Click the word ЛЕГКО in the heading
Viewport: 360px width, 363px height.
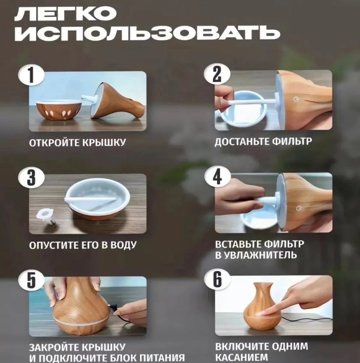(x=66, y=13)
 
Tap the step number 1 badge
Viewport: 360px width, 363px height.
(x=31, y=75)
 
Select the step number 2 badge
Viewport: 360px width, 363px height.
(x=217, y=74)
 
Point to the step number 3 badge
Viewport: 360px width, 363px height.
(x=31, y=178)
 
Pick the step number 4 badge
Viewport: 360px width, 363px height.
(x=217, y=177)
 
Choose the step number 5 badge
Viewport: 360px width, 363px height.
(x=31, y=280)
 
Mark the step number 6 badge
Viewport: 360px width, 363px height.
(x=217, y=279)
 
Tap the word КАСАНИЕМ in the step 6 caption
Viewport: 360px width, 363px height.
(x=242, y=357)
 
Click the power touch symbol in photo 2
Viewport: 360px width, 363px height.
(x=295, y=99)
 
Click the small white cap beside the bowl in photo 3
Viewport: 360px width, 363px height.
(x=45, y=215)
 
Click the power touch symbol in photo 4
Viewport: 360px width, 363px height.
(x=300, y=208)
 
